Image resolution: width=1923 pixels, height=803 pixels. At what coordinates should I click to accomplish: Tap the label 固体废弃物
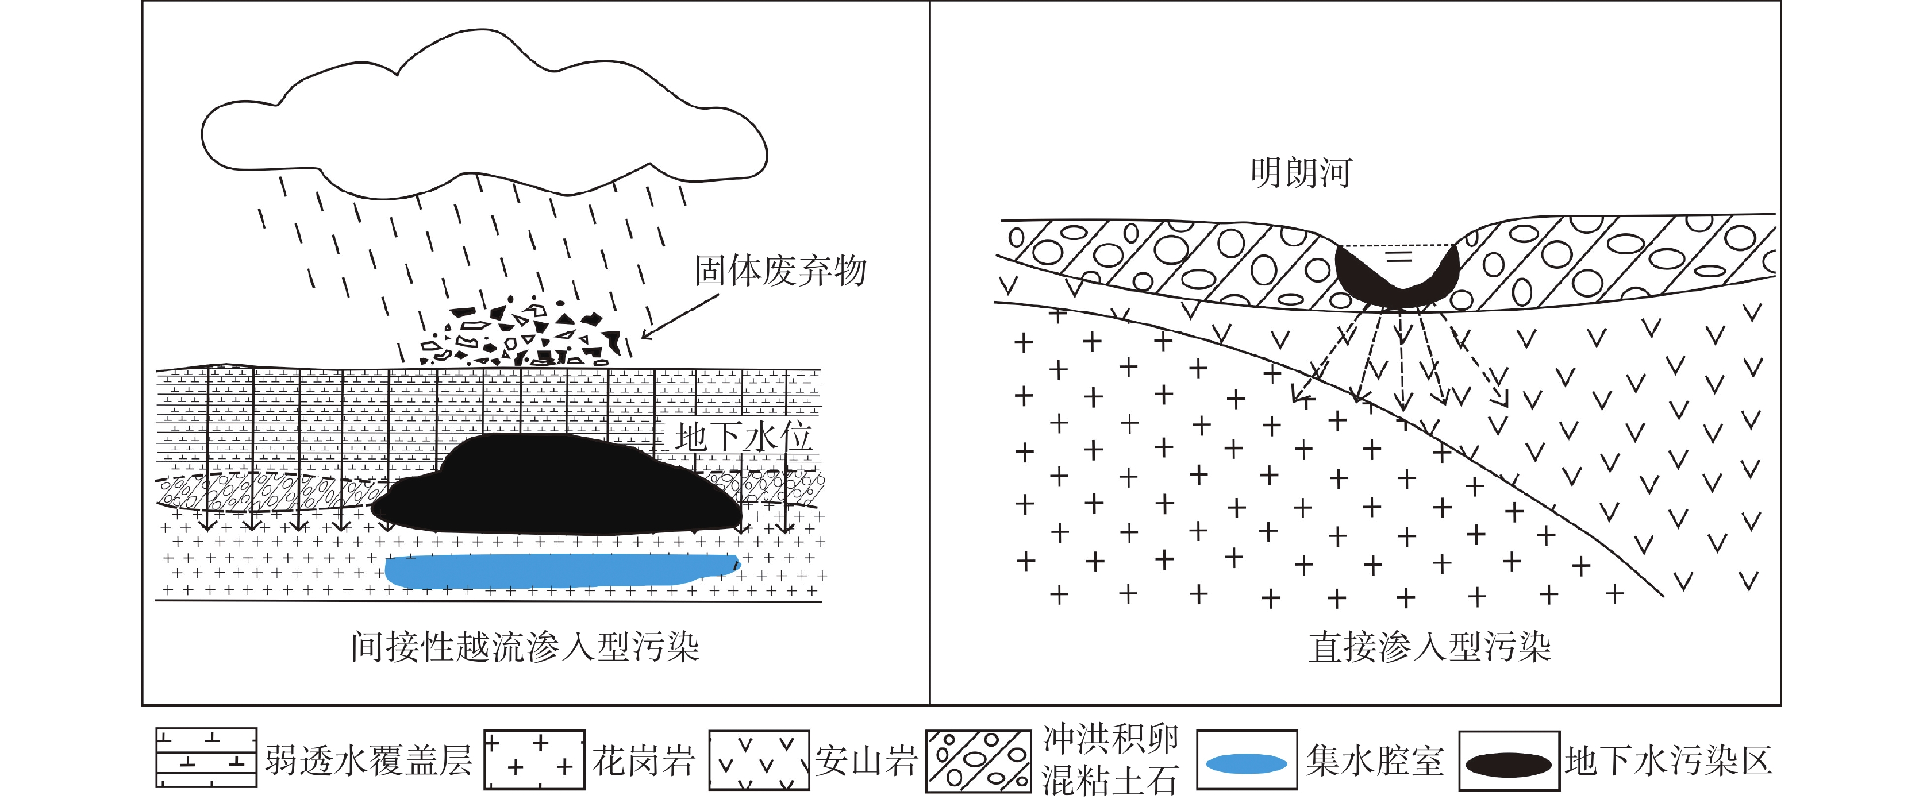coord(780,270)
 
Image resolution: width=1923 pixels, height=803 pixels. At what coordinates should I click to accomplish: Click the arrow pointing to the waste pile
coord(680,316)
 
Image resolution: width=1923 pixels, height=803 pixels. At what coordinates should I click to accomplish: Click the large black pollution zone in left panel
coord(556,485)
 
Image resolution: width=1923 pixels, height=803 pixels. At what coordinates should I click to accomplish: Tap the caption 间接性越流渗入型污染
coord(525,646)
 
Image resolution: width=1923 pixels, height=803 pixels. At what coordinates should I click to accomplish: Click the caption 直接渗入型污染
coord(1429,646)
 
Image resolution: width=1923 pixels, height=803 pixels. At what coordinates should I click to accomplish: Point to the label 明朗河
coord(1301,172)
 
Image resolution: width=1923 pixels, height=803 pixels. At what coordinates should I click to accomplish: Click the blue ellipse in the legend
coord(1246,763)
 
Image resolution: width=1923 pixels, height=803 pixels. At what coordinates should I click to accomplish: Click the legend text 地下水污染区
coord(1668,761)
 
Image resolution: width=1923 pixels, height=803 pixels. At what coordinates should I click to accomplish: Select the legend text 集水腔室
coord(1374,761)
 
